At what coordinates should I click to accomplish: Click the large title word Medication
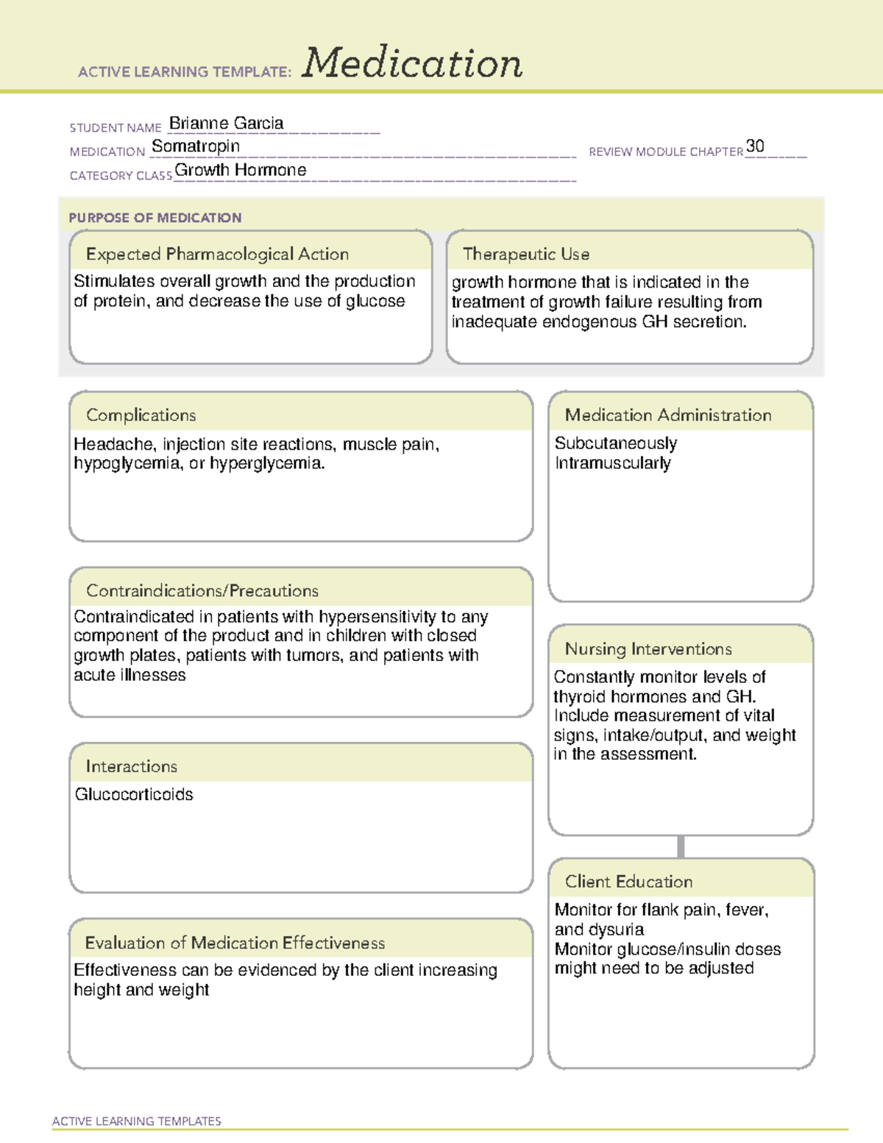pos(411,63)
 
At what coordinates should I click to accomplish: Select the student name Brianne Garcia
pos(226,124)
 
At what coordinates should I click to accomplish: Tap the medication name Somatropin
pos(196,146)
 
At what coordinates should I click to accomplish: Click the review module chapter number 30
pos(755,146)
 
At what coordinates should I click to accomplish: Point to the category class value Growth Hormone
pos(240,170)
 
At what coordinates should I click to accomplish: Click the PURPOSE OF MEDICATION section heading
pos(155,218)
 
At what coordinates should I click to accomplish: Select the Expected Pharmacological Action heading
pos(217,254)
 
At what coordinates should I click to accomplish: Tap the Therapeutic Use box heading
pos(525,254)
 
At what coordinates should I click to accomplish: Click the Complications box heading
pos(141,415)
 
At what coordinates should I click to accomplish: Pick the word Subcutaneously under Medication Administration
pos(615,443)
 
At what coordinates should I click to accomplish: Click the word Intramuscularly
pos(612,463)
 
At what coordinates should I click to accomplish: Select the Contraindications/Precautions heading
pos(202,590)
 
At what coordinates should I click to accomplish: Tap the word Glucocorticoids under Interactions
pos(134,794)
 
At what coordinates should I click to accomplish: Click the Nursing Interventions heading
pos(648,648)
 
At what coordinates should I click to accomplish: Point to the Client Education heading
pos(628,881)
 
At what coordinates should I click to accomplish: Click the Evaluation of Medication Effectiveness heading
pos(235,943)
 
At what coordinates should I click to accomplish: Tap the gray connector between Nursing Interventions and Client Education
pos(681,846)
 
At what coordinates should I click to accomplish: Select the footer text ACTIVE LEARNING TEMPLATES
pos(136,1121)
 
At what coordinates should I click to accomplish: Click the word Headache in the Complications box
pos(114,445)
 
